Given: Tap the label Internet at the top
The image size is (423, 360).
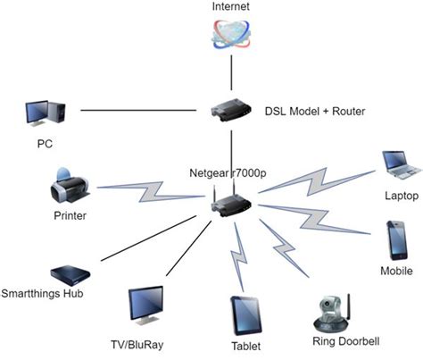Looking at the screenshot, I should (231, 7).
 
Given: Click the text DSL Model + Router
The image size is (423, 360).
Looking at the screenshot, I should (314, 111).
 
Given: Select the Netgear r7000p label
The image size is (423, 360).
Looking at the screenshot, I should (228, 172).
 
